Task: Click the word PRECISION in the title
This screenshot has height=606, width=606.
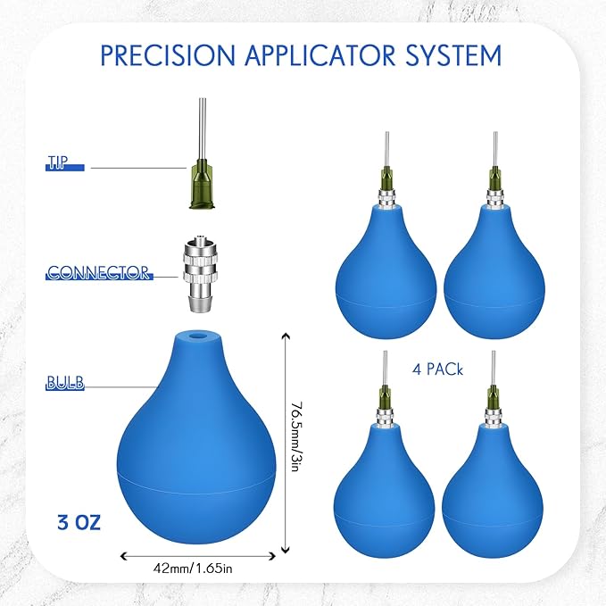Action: click(168, 55)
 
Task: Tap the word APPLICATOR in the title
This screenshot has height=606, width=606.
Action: click(320, 55)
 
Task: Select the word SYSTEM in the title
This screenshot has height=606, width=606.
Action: click(453, 55)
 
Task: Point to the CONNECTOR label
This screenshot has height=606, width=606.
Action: click(99, 273)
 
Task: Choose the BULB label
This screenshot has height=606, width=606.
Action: click(65, 383)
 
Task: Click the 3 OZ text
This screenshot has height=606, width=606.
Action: click(79, 522)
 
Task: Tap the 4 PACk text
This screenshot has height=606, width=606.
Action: click(437, 369)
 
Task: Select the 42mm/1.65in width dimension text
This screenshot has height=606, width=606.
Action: click(193, 569)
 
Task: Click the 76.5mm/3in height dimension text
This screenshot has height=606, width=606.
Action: click(296, 436)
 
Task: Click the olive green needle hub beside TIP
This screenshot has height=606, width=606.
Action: click(202, 184)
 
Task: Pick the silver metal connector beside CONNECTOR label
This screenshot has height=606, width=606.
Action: click(201, 273)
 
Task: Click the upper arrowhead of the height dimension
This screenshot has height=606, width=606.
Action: click(286, 335)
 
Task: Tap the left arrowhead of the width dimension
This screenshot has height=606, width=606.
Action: click(123, 556)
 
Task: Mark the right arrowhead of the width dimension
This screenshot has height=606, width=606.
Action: click(272, 556)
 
